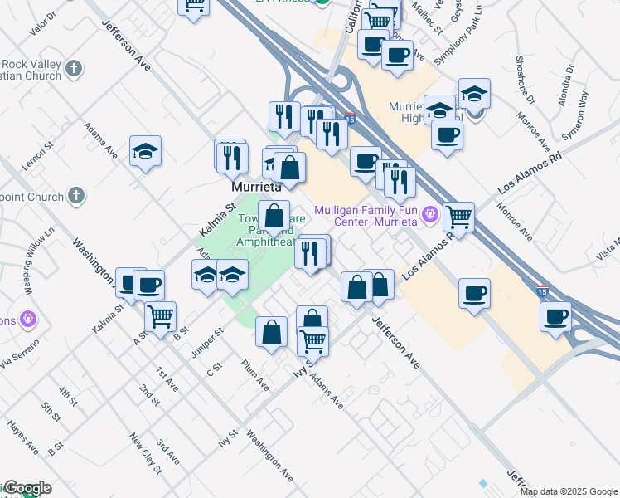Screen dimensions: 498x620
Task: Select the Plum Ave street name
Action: point(255,375)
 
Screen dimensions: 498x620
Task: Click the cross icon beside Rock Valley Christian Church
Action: point(74,69)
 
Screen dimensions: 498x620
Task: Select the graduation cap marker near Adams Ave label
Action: point(145,150)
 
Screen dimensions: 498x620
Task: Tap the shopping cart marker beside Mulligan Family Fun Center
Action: point(458,217)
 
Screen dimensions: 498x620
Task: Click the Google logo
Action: point(27,489)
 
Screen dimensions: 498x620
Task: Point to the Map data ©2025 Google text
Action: point(569,491)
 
